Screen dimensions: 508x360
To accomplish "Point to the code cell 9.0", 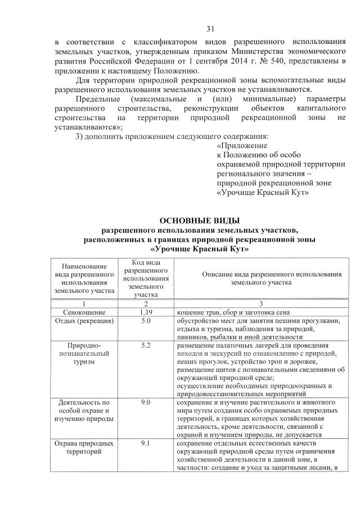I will (x=145, y=402).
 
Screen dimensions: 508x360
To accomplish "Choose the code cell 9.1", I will (x=145, y=443).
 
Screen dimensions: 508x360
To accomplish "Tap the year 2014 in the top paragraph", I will (x=240, y=61).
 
